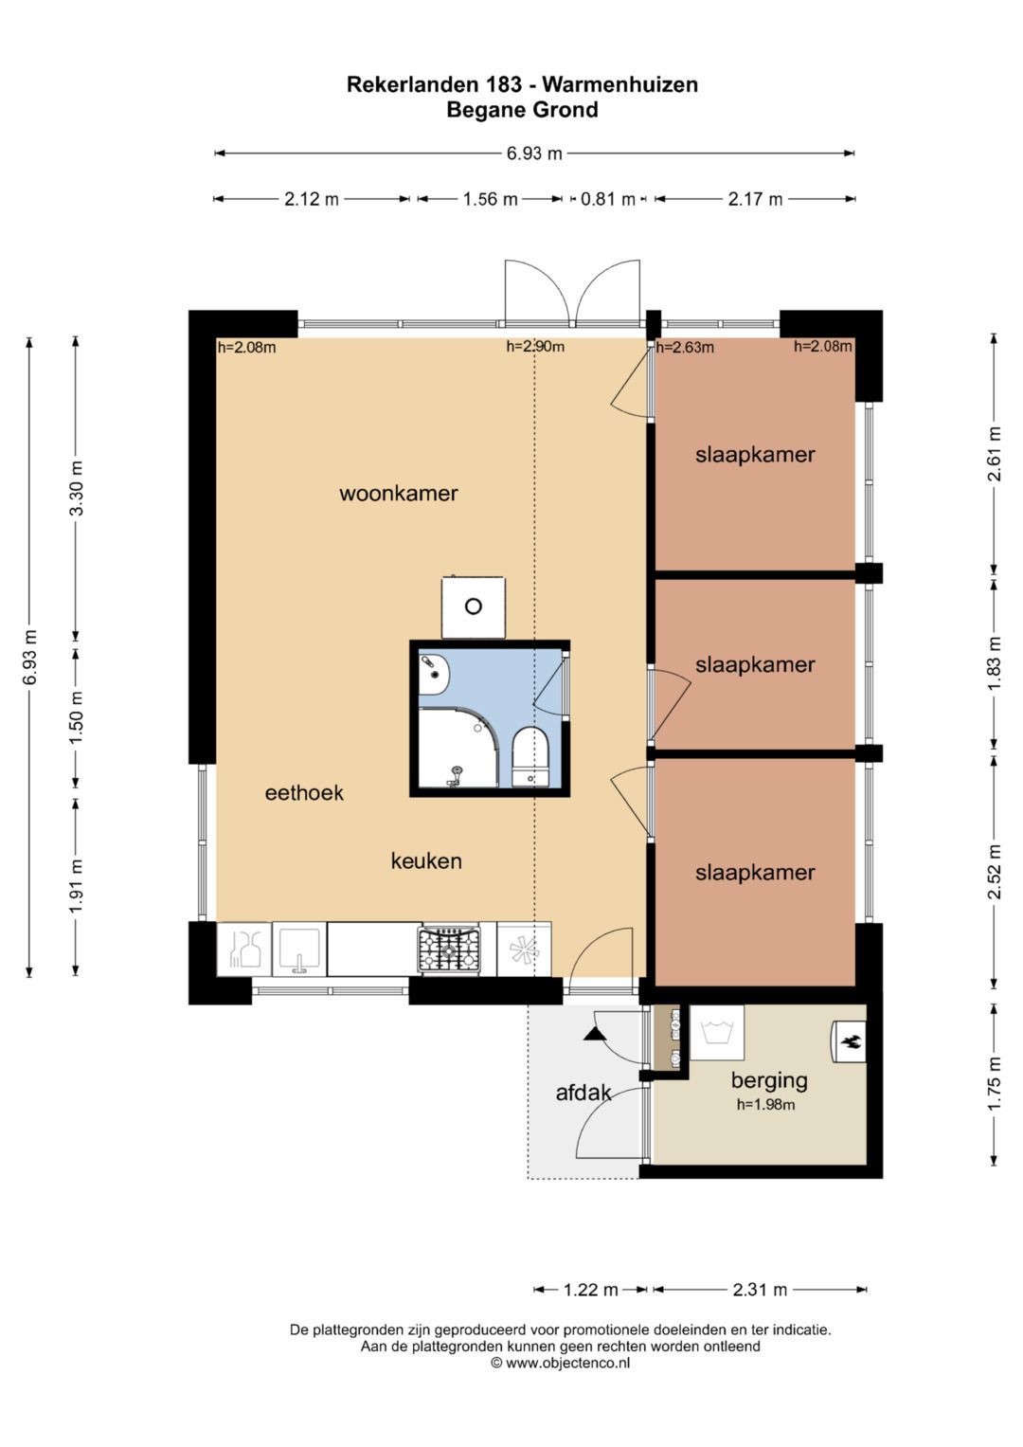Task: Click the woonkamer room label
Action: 399,494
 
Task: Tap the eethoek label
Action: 304,792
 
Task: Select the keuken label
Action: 426,860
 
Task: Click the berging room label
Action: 769,1080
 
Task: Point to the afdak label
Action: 583,1093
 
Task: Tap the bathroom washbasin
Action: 434,674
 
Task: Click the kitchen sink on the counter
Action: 299,949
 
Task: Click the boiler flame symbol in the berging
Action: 851,1040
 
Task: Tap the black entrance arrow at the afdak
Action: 593,1034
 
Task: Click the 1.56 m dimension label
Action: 491,199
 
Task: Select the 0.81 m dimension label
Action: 608,199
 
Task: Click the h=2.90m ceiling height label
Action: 535,346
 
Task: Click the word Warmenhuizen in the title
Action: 620,84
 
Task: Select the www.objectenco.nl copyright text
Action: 560,1363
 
